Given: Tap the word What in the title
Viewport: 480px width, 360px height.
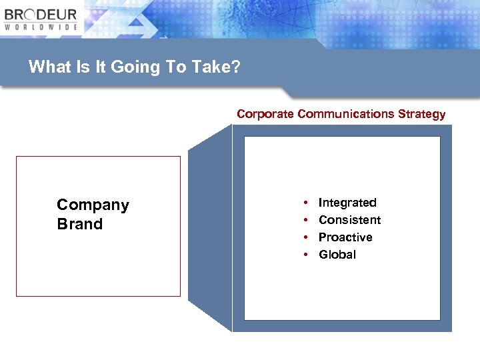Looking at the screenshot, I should coord(48,67).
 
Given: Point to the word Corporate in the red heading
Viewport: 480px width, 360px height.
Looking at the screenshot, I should coord(265,114).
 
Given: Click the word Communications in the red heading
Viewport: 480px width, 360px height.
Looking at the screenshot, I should coord(346,114).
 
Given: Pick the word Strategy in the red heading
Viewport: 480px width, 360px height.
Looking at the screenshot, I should coord(421,114).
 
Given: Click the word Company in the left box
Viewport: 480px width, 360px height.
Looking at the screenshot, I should coord(93,205).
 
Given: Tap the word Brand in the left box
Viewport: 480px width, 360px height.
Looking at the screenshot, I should coord(80,224).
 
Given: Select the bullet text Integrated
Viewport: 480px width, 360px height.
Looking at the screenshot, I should coord(347,203).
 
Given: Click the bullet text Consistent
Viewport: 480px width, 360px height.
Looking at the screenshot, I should coord(349,220).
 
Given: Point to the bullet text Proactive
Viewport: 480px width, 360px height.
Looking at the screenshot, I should coord(345,237).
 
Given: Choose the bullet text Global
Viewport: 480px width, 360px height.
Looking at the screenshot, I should coord(337,255).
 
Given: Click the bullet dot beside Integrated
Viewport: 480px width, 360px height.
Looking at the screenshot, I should coord(305,203).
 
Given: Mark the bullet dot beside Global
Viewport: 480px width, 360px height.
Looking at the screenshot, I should coord(305,255).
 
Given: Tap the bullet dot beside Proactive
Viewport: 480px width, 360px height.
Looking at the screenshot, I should coord(305,237).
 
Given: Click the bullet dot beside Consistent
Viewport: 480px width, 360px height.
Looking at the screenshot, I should coord(305,220).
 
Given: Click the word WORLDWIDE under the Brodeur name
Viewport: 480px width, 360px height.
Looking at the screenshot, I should coord(41,27).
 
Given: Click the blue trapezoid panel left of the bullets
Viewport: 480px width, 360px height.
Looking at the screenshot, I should coord(209,227).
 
